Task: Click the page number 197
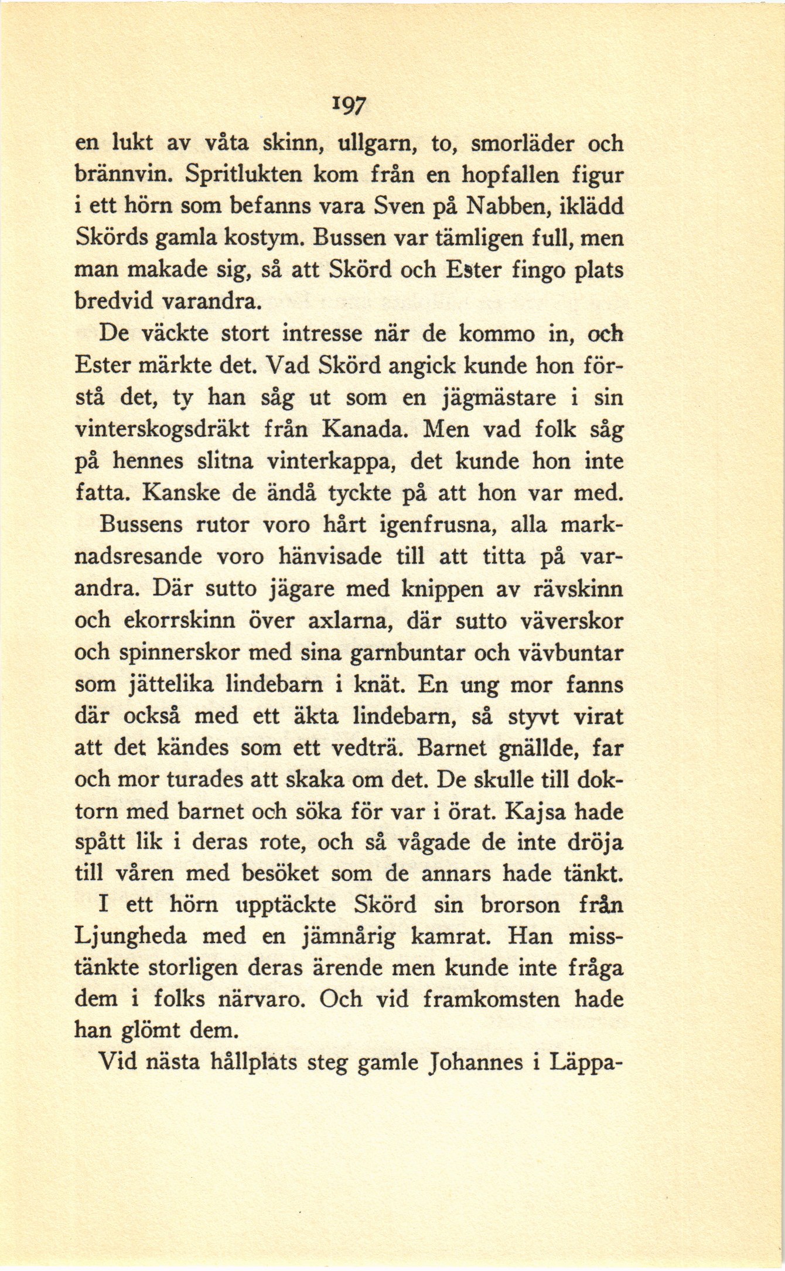(x=351, y=105)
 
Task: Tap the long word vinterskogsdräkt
(x=162, y=430)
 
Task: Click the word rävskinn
(x=578, y=589)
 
